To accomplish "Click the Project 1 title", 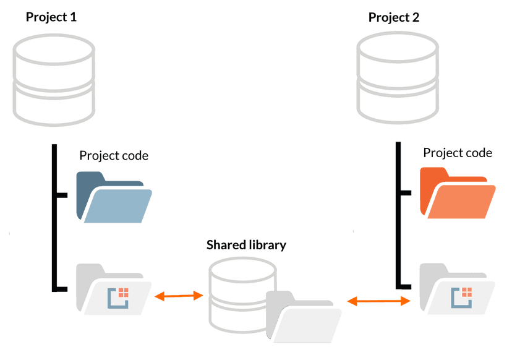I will [51, 16].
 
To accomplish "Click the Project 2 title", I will [394, 17].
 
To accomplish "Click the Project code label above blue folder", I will [114, 155].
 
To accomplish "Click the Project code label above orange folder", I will [458, 153].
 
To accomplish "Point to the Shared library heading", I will [246, 245].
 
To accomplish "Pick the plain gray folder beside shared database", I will [304, 317].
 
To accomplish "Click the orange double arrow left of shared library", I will [179, 296].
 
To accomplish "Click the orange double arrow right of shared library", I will [380, 301].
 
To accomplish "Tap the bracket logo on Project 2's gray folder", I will [461, 297].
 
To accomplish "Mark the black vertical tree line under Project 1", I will [54, 216].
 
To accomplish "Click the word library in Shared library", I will [267, 245].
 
